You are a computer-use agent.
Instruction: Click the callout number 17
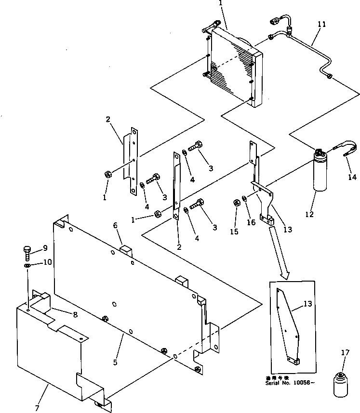coord(345,353)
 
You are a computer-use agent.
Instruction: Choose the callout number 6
coord(115,225)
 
